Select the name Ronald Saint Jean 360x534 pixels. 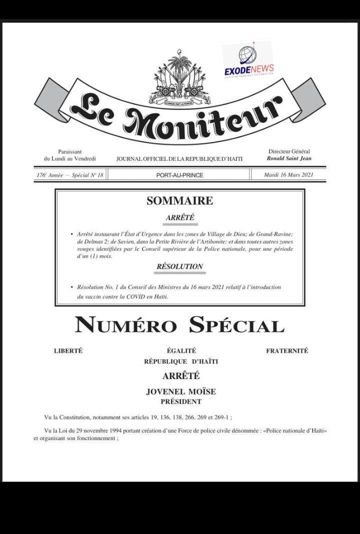288,158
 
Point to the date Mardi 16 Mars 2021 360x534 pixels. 288,175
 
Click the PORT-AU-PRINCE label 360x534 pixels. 179,175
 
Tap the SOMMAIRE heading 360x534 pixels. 179,201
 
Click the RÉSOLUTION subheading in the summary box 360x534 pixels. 179,267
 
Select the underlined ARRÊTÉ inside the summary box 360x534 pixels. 179,218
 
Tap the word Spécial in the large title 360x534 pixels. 236,325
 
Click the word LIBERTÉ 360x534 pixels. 68,351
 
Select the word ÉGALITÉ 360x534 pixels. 181,351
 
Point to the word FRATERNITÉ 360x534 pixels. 287,351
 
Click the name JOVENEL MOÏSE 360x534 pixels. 181,392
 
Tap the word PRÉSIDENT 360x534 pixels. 181,402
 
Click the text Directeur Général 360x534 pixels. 289,151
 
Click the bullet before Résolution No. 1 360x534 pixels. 72,288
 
